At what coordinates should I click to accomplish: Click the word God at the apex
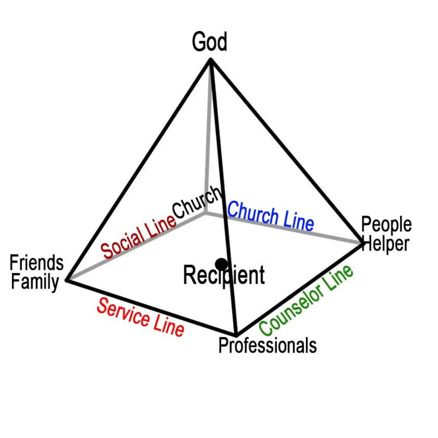coord(210,42)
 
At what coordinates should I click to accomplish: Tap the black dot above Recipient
coord(222,264)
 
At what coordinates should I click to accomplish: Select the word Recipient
coord(224,276)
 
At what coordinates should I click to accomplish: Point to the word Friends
coord(37,264)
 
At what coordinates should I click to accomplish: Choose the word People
coord(386,225)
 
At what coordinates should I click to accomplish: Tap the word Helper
coord(386,244)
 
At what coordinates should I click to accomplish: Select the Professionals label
coord(268,346)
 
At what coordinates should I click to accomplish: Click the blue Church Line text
coord(271,215)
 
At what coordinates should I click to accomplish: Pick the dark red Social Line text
coord(138,237)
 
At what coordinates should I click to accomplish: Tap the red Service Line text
coord(140,317)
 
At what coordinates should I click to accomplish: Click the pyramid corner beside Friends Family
coord(66,280)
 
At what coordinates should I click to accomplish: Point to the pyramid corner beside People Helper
coord(363,243)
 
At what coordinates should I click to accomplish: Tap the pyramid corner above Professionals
coord(237,335)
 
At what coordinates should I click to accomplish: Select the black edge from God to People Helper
coord(287,152)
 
